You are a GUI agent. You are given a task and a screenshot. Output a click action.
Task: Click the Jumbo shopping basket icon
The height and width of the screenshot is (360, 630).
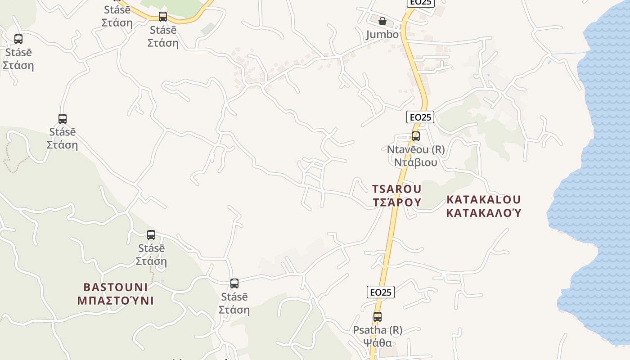(x=382, y=21)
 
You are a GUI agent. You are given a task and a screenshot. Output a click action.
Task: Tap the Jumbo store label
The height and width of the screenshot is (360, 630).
(x=382, y=35)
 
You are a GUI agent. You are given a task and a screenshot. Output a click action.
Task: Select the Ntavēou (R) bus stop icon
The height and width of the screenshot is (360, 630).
(x=416, y=136)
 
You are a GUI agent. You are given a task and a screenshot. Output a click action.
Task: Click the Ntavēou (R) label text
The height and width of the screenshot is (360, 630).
(x=416, y=149)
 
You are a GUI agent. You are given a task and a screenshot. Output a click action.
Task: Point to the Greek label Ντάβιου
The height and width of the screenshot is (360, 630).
(x=416, y=162)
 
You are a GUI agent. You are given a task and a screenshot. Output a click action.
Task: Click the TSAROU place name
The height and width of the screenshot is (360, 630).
(x=396, y=189)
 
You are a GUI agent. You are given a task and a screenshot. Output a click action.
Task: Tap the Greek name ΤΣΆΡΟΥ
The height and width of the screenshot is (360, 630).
(x=396, y=202)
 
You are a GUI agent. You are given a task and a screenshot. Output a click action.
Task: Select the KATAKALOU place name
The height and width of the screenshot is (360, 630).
(x=484, y=199)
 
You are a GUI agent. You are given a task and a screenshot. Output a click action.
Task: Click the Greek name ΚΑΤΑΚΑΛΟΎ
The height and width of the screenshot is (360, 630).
(x=484, y=212)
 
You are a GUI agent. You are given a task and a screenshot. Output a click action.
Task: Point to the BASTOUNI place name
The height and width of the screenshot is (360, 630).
(x=116, y=287)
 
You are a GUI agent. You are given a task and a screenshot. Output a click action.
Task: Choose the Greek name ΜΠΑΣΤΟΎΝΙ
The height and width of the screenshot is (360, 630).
(x=116, y=300)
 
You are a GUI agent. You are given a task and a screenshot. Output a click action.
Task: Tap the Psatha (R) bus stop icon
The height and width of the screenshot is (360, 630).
(x=378, y=317)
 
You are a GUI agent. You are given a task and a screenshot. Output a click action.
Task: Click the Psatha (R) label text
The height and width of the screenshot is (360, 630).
(x=378, y=330)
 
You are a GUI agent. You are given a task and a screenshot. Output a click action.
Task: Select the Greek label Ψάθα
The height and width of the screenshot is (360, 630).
(x=378, y=343)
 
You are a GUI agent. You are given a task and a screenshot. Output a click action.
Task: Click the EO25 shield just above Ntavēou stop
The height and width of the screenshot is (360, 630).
(x=420, y=117)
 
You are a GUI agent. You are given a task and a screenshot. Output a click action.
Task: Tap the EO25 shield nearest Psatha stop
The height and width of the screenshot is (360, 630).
(x=381, y=292)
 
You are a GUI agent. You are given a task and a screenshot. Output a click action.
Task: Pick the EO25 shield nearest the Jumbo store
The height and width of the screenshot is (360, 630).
(x=421, y=3)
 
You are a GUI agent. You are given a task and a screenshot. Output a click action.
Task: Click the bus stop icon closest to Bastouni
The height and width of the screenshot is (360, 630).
(x=151, y=235)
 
